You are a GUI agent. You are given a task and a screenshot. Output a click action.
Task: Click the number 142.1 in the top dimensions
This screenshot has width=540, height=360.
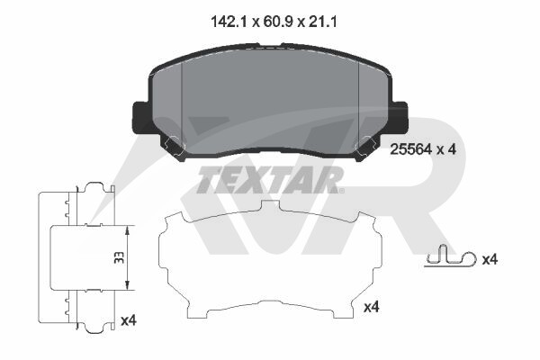[229, 22]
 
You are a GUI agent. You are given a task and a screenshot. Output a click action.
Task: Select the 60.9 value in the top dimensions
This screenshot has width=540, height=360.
[277, 22]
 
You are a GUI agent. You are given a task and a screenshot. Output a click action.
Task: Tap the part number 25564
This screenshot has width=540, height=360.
[410, 149]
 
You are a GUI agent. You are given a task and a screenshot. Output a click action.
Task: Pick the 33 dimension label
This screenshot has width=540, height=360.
[119, 257]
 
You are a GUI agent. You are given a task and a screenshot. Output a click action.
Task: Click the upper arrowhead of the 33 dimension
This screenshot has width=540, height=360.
[127, 230]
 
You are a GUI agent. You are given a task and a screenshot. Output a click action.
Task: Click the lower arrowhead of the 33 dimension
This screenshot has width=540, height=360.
[127, 284]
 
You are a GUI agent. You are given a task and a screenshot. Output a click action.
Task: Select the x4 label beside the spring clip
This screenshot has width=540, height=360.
[490, 259]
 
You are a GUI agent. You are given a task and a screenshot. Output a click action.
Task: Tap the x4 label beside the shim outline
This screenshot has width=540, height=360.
[372, 307]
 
